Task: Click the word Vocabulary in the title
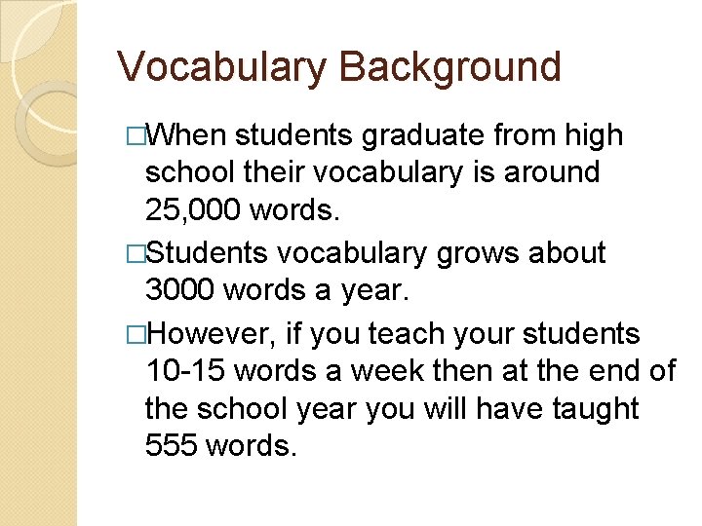point(221,68)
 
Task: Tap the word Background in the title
point(449,68)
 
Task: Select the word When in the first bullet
point(189,134)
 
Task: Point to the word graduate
point(427,134)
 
